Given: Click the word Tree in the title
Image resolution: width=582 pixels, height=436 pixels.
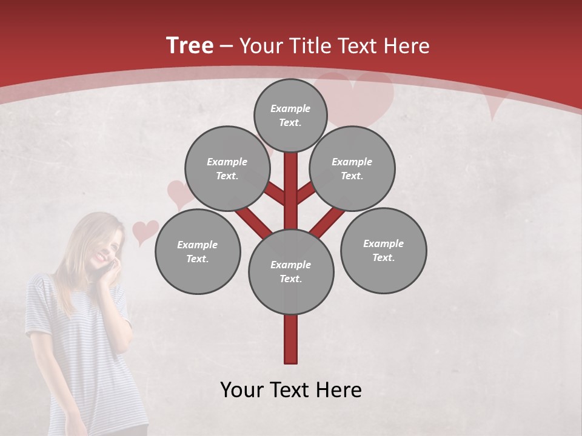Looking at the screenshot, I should click(x=190, y=46).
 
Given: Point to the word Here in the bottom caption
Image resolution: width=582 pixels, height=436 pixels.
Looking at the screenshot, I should click(x=340, y=390).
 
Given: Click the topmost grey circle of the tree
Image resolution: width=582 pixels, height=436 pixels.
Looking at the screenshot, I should click(x=290, y=115).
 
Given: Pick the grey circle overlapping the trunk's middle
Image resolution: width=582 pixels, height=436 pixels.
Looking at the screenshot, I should click(x=291, y=272).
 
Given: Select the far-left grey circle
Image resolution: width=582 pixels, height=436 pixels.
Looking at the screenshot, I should click(x=198, y=251).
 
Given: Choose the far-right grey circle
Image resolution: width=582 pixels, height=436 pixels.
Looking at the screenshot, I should click(x=383, y=250).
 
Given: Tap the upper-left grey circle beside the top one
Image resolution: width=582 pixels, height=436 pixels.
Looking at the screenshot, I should click(x=227, y=168).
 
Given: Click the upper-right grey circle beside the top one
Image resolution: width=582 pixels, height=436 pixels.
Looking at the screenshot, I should click(x=352, y=168).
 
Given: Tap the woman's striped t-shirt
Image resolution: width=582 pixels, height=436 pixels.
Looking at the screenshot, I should click(x=85, y=345).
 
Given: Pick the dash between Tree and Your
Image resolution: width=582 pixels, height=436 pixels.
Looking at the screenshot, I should click(x=226, y=46).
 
